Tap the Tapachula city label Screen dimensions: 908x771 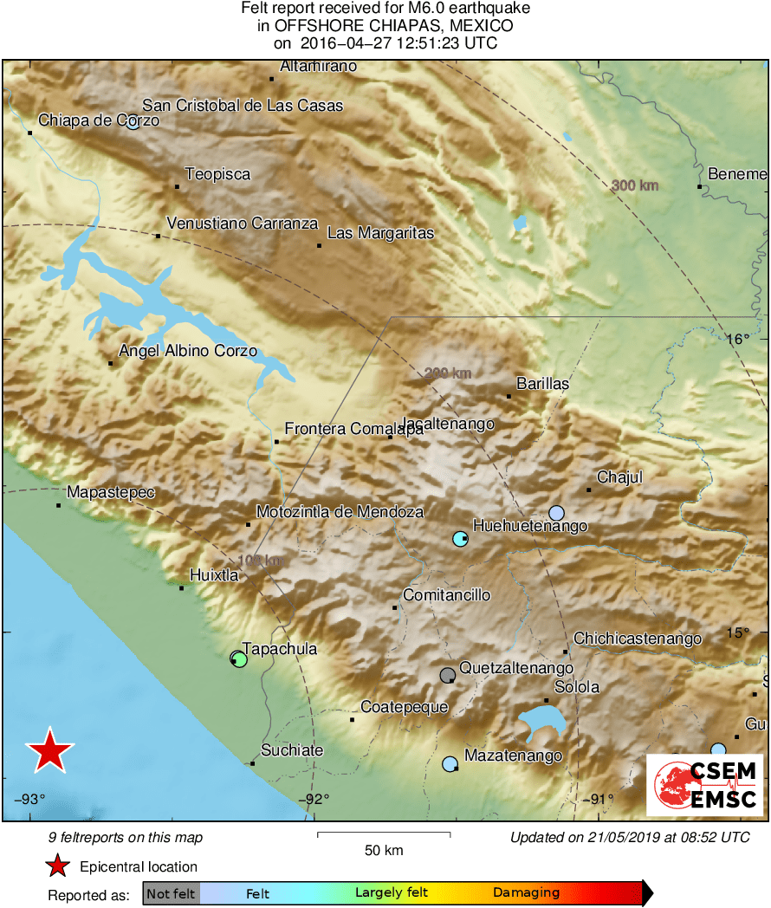click(x=280, y=649)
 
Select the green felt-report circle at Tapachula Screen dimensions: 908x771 click(x=240, y=660)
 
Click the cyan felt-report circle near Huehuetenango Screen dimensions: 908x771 click(x=459, y=539)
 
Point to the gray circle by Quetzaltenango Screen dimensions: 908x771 click(x=447, y=674)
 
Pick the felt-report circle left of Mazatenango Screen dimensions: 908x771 click(x=450, y=764)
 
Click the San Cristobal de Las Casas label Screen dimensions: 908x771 click(x=243, y=106)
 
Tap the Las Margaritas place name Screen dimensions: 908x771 click(x=380, y=233)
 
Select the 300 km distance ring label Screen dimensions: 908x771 click(x=635, y=185)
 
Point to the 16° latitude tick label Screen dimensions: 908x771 click(x=738, y=339)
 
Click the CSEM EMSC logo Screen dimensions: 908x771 click(x=704, y=785)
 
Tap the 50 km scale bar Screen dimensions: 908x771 click(x=384, y=834)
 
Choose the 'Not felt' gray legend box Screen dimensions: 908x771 click(x=171, y=892)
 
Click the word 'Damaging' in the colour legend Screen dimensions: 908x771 click(x=527, y=892)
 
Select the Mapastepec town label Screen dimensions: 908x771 click(x=111, y=492)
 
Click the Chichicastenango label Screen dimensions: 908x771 click(x=638, y=639)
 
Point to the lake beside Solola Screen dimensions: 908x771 click(x=541, y=721)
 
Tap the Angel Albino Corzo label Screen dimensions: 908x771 click(x=188, y=351)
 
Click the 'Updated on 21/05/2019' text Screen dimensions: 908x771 click(x=630, y=837)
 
